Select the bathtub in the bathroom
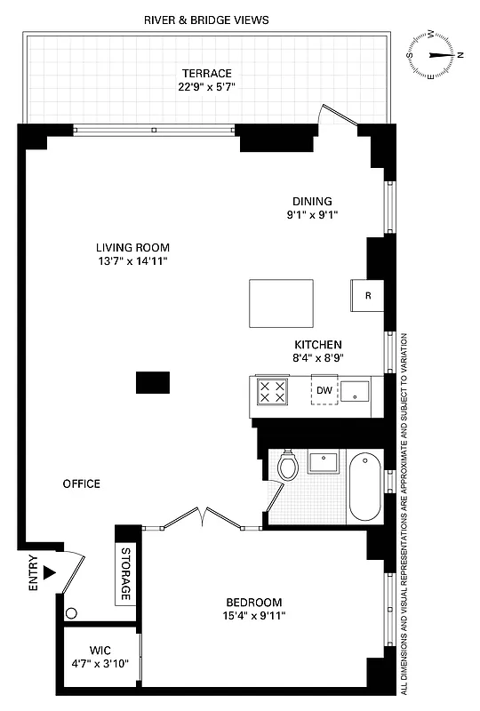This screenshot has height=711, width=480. pos(364,488)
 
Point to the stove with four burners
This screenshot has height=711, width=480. pos(272,391)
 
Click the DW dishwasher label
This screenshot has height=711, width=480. pos(324,390)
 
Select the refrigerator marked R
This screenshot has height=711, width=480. pos(367,296)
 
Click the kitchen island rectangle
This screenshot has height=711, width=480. pos(282,303)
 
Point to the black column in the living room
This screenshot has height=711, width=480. pos(153,382)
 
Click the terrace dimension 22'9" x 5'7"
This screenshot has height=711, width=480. pos(206,86)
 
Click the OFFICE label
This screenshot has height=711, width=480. pos(81,483)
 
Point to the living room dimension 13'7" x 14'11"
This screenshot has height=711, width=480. pos(132,261)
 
